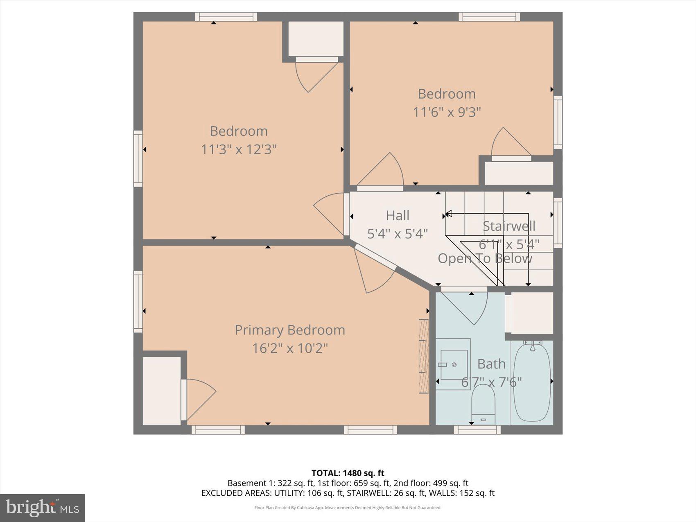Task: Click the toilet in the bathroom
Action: click(x=483, y=403)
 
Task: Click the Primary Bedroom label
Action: click(x=289, y=330)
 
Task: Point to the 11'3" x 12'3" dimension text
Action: click(x=239, y=149)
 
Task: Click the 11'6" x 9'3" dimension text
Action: click(x=447, y=112)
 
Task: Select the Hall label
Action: click(x=397, y=215)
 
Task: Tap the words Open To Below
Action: click(x=485, y=258)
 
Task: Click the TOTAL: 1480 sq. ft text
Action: click(x=348, y=473)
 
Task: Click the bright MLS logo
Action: click(x=42, y=508)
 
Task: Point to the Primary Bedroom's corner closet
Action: click(x=162, y=390)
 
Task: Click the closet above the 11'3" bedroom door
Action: click(x=316, y=38)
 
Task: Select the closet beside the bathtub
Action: click(x=532, y=313)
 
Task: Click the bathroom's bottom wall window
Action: click(x=477, y=429)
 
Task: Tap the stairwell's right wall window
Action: click(x=558, y=223)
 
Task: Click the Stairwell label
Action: click(x=509, y=226)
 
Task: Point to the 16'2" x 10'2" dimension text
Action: click(x=289, y=348)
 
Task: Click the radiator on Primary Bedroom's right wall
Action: click(x=423, y=356)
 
